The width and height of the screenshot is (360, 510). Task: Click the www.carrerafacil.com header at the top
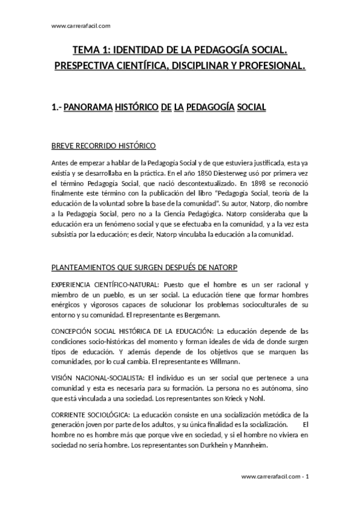[x=81, y=26]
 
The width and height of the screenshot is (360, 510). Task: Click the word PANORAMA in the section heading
[x=88, y=108]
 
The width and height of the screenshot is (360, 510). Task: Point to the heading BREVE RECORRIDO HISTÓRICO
[x=103, y=146]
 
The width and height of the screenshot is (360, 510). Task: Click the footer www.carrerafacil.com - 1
[x=275, y=476]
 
